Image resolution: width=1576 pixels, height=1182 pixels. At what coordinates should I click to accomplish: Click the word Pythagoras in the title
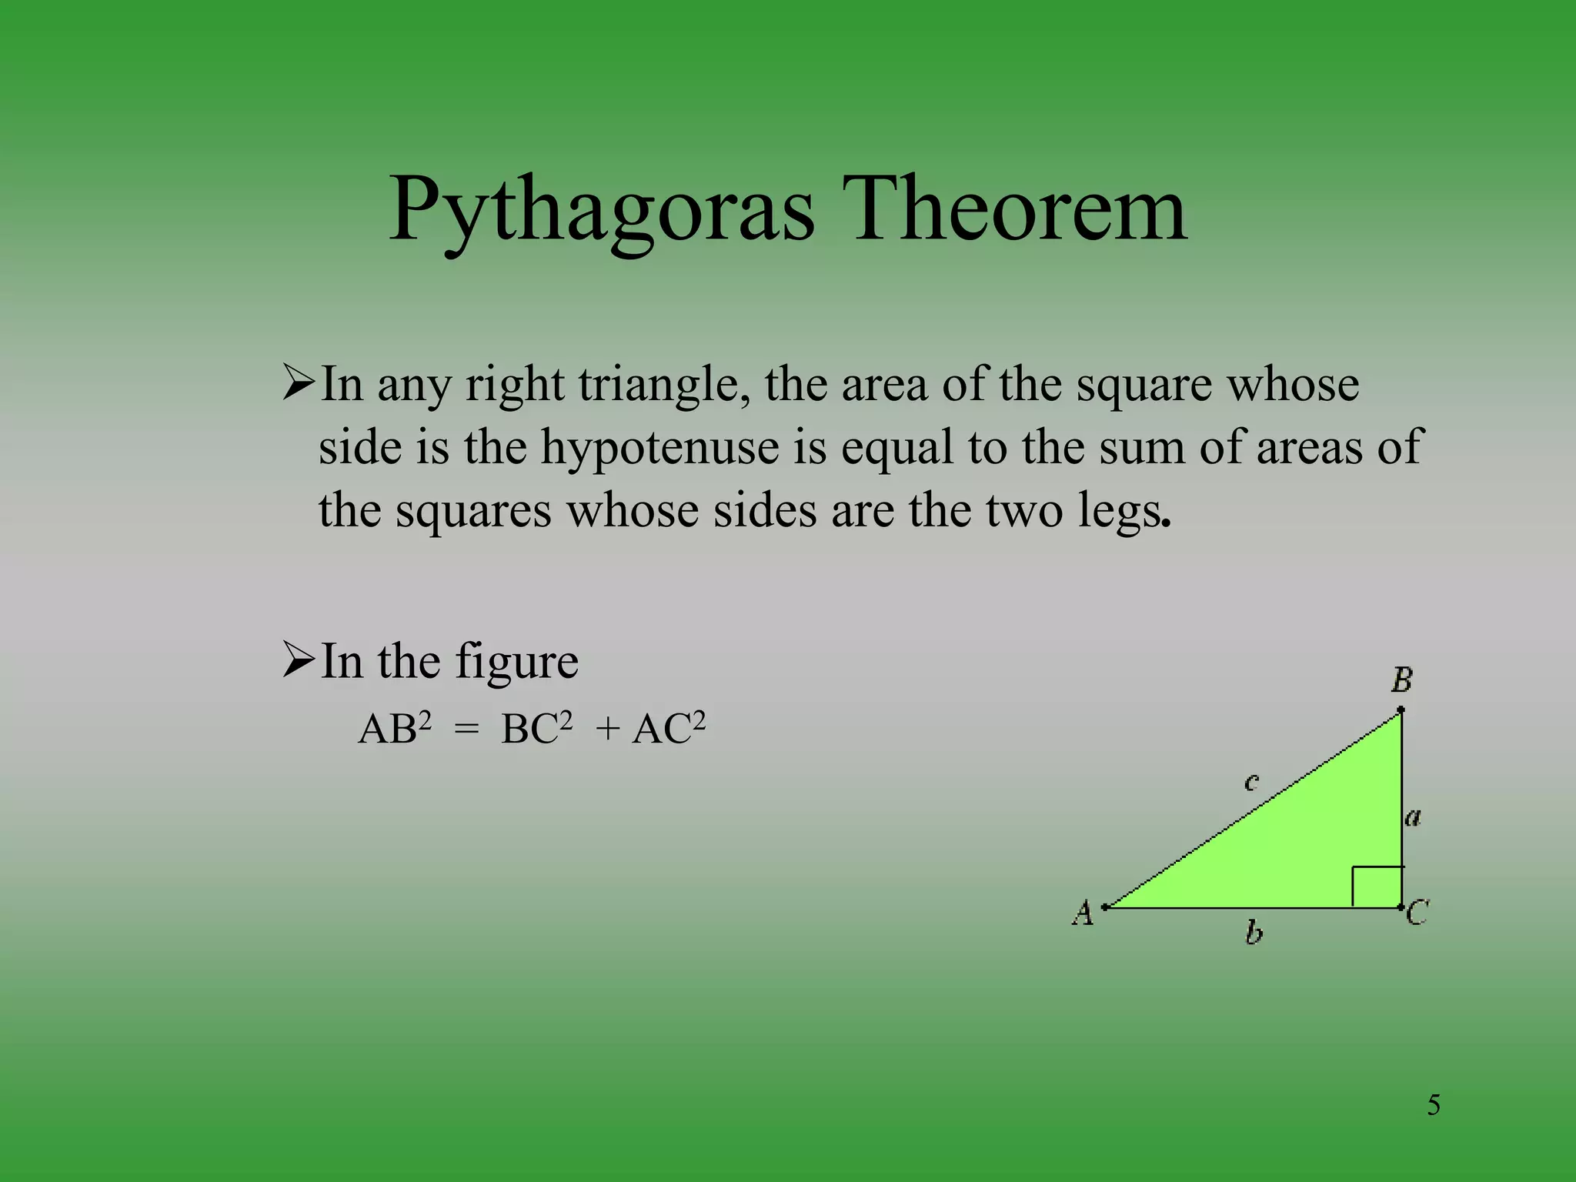(600, 212)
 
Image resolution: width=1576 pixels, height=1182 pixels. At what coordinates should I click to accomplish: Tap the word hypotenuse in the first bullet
(659, 447)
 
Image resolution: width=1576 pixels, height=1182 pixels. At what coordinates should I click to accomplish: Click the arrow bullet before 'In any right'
(299, 383)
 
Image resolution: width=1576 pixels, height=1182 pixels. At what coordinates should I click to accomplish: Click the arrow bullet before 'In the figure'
(299, 660)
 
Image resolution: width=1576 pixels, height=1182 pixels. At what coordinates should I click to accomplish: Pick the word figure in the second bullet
(516, 662)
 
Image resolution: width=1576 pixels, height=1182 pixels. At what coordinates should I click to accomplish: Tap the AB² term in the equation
(395, 728)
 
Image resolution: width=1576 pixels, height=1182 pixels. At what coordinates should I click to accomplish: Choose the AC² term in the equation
(668, 728)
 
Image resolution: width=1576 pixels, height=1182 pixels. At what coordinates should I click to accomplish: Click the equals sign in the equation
(466, 730)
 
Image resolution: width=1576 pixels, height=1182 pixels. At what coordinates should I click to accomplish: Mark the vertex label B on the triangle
(1401, 680)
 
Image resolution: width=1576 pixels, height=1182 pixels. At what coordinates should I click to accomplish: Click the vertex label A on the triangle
(1083, 913)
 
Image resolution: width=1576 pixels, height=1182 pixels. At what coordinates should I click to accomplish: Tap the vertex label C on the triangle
(1417, 913)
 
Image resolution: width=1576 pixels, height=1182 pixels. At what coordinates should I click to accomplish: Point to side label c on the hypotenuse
(1251, 783)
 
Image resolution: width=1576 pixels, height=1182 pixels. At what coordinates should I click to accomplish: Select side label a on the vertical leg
(1413, 816)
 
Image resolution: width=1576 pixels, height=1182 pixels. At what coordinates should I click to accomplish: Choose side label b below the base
(1254, 933)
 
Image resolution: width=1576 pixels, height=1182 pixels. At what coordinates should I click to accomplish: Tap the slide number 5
(1434, 1105)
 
